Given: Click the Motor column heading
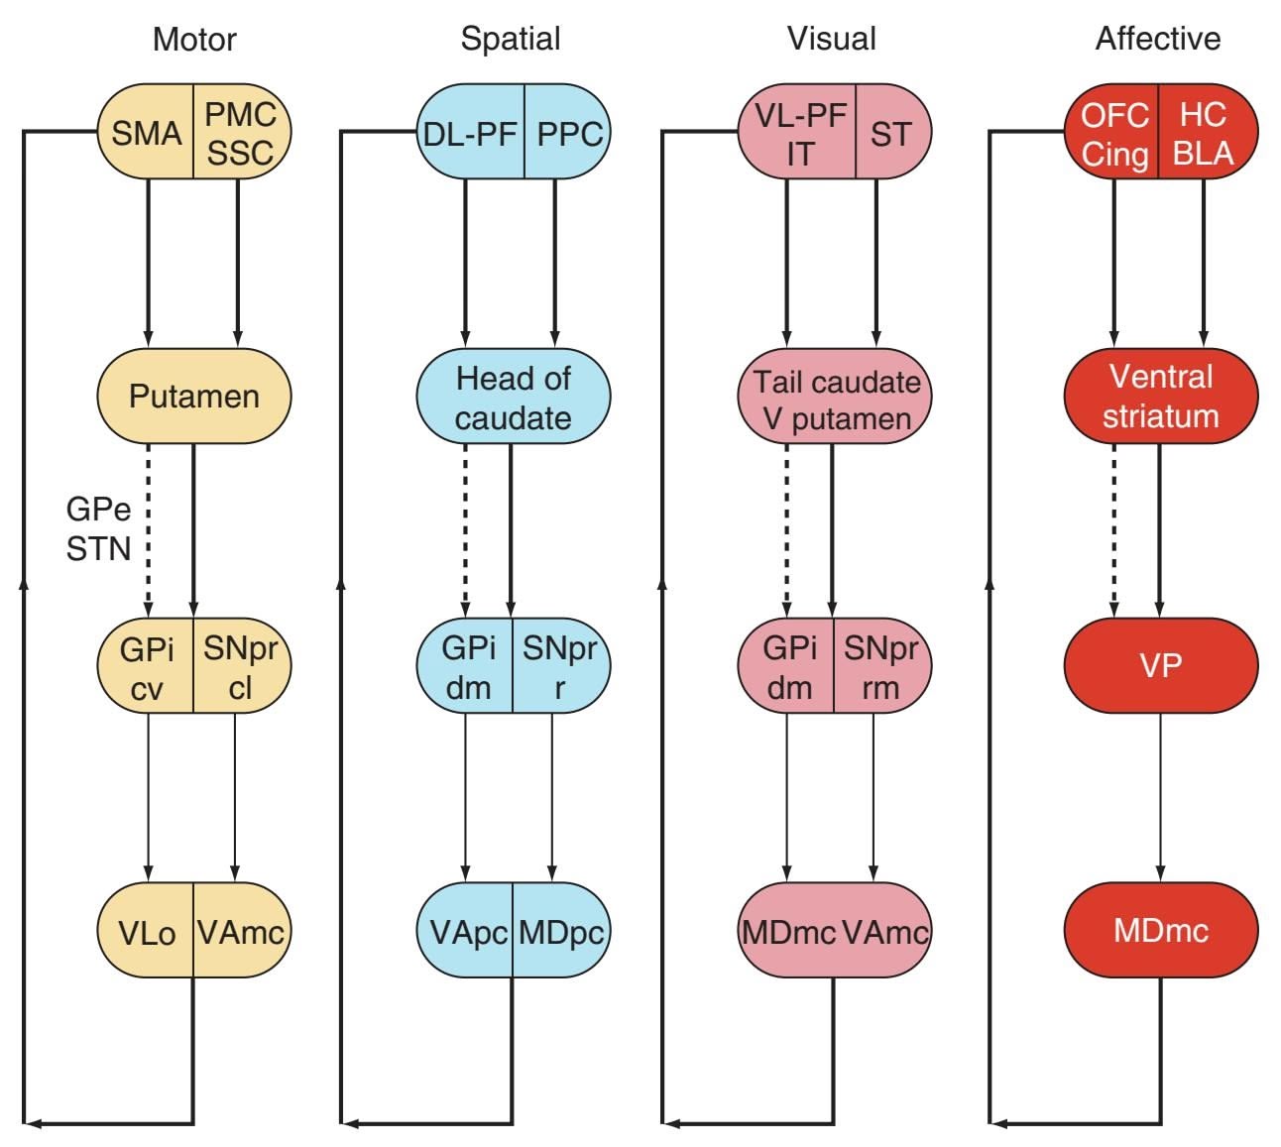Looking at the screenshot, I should coord(194,40).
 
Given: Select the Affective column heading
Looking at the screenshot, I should coord(1157,39).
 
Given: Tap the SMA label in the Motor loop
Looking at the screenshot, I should coord(146,133).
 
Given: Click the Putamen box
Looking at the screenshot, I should coord(194,396).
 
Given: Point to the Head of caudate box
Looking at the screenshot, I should coord(513,397).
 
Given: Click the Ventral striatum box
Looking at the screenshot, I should coord(1160,396).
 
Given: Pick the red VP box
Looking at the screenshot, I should coord(1160,664).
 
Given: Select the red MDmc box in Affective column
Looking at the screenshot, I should coord(1160,930).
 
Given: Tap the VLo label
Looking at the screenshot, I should coord(147,932).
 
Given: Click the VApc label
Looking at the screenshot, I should coord(467,932).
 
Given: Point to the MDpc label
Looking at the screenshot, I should coord(560,932).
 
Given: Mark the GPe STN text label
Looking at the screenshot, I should coord(98,528).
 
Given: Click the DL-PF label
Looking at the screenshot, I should coord(470,133).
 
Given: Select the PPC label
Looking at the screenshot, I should coord(568,133).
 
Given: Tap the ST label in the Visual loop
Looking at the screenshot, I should coord(890,133).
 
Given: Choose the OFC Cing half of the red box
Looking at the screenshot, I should coord(1114,133).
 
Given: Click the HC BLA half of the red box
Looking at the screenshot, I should coord(1204,133).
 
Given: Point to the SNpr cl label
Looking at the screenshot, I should coord(240,666).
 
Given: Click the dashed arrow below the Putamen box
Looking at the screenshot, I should coord(148,525).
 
